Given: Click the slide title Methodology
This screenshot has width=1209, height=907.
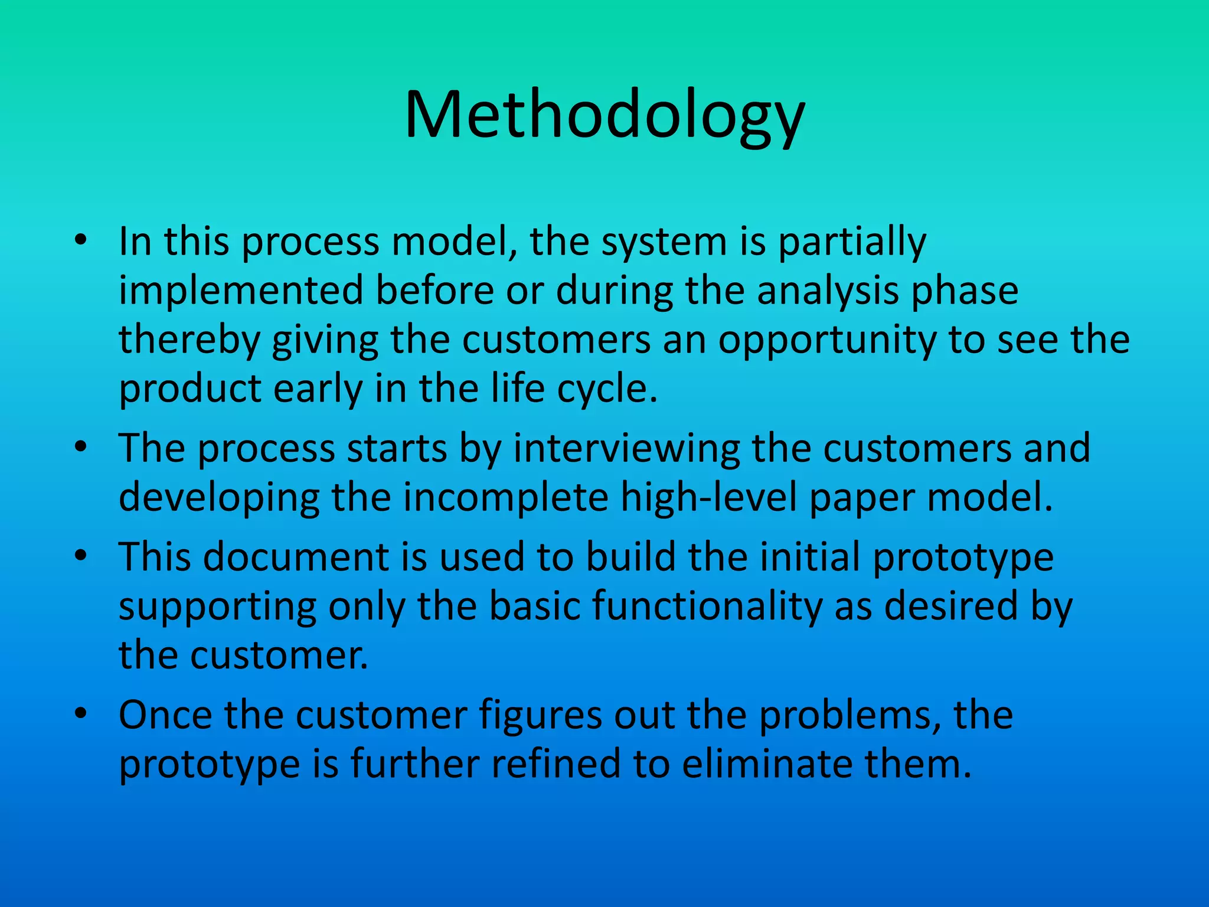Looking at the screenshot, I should pyautogui.click(x=604, y=115).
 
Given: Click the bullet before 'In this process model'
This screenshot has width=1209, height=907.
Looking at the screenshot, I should pyautogui.click(x=81, y=240).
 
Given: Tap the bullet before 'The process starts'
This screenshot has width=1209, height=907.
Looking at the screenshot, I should pyautogui.click(x=81, y=447).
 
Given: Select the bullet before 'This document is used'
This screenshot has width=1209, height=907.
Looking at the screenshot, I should pyautogui.click(x=81, y=556).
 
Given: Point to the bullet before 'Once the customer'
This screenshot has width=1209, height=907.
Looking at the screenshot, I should pyautogui.click(x=81, y=714).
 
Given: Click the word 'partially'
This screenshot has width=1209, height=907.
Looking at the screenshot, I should pyautogui.click(x=852, y=242).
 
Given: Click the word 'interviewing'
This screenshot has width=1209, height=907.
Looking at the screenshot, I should pyautogui.click(x=626, y=449).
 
